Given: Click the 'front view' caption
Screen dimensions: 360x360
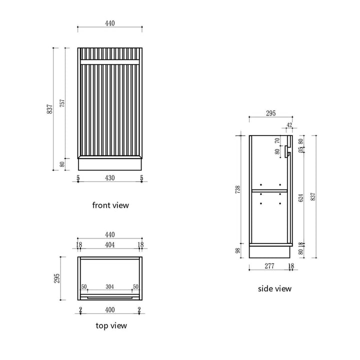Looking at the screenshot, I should coord(110,205).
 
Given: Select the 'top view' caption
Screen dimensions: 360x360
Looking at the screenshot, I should coord(111,325).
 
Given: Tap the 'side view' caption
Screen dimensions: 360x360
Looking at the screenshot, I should coord(274,288).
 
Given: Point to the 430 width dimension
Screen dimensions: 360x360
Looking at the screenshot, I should coord(110,178).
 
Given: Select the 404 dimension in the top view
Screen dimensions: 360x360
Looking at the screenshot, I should coord(110,245).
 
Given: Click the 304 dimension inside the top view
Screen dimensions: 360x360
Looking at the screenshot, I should coord(110,287).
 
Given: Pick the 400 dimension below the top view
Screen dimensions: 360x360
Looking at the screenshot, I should coord(110,310).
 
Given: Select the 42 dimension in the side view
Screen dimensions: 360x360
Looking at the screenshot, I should coord(289,125).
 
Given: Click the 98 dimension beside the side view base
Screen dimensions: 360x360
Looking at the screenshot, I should coord(238,250).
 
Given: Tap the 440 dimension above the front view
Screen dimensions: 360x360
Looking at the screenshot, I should coord(110,23).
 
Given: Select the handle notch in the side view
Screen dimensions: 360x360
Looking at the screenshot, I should coord(288,151).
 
